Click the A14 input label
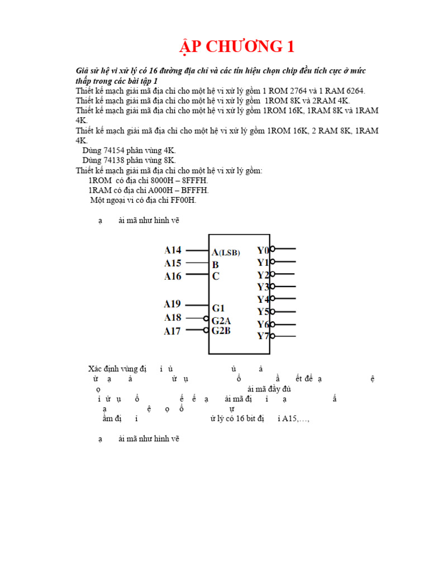pyautogui.click(x=173, y=250)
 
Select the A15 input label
pyautogui.click(x=173, y=263)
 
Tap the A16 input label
pyautogui.click(x=173, y=276)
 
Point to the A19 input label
pyautogui.click(x=172, y=304)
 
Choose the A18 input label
pyautogui.click(x=172, y=318)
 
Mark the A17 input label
pyautogui.click(x=172, y=331)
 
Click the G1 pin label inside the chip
pyautogui.click(x=218, y=308)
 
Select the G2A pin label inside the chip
pyautogui.click(x=221, y=321)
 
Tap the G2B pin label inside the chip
pyautogui.click(x=221, y=331)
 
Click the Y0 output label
pyautogui.click(x=263, y=250)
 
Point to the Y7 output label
pyautogui.click(x=263, y=336)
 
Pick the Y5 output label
pyautogui.click(x=263, y=312)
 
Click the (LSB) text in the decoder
pyautogui.click(x=229, y=252)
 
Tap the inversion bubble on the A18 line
pyautogui.click(x=206, y=318)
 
